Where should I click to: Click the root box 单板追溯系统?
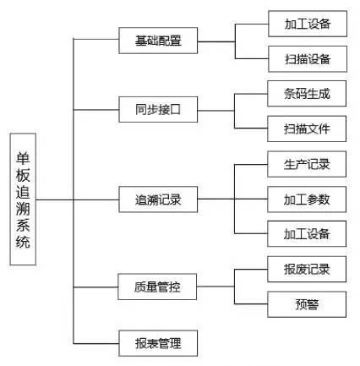[24, 199]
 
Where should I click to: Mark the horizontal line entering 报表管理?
[97, 342]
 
